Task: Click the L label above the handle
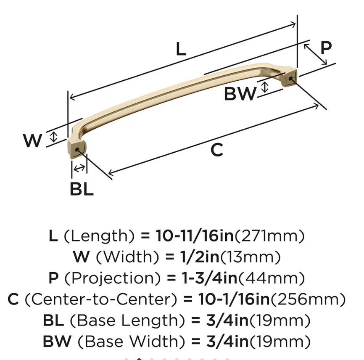point(181,49)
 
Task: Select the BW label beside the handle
point(240,93)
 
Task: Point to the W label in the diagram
point(32,140)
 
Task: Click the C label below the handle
point(216,150)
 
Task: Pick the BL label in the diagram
point(82,190)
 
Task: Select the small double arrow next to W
point(53,136)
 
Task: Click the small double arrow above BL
point(79,168)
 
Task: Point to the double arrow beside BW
point(264,87)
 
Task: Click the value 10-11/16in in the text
point(194,236)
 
